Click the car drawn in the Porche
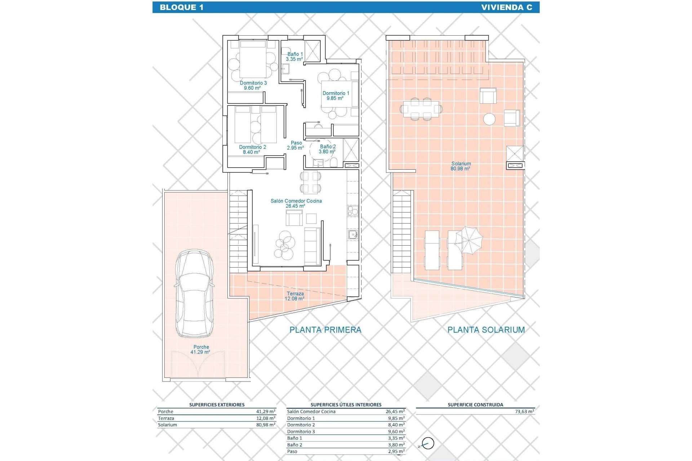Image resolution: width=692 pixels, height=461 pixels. point(194,294)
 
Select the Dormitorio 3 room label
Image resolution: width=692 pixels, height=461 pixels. point(253,85)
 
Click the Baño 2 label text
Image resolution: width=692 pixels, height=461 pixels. point(328,149)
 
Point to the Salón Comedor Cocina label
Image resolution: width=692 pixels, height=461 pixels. point(296,203)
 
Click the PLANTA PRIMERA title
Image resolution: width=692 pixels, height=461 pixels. point(325,330)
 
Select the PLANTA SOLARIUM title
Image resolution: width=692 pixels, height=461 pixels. point(486,330)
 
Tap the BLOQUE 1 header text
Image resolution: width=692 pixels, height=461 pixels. point(181,8)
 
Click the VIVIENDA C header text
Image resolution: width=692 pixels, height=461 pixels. point(506,8)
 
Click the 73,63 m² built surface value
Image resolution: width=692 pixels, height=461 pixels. point(524,412)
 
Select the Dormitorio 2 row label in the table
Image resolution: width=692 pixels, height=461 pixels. point(301,425)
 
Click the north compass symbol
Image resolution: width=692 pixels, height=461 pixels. point(427,444)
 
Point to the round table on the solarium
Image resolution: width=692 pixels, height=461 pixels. point(489,119)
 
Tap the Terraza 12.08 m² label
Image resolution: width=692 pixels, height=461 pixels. point(295,296)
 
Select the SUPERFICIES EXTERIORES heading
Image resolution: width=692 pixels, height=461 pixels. point(217,405)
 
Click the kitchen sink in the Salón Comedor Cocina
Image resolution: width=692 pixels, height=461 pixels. point(352,235)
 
